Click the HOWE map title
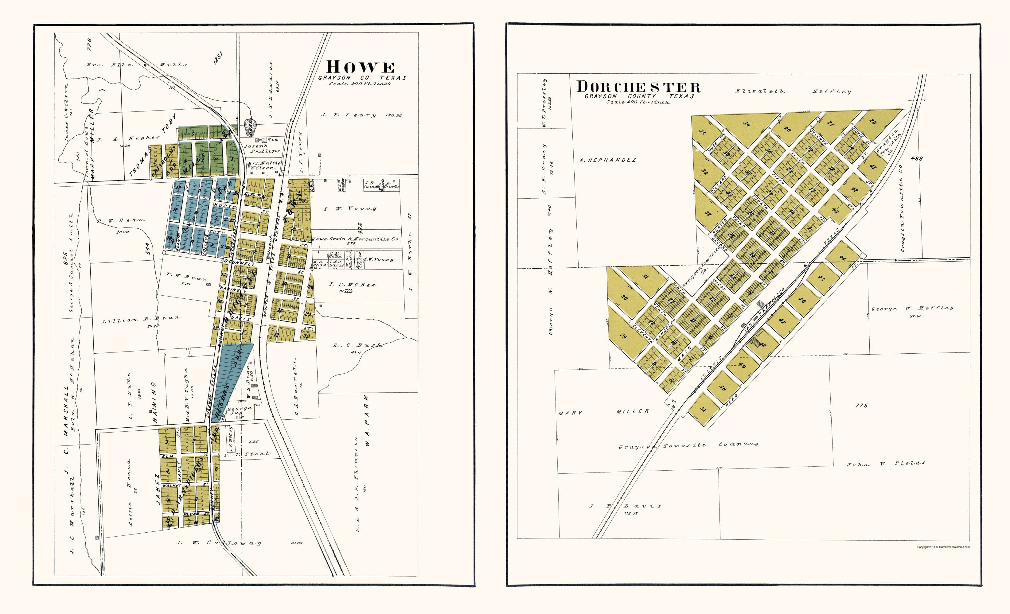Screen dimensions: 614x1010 pos(360,67)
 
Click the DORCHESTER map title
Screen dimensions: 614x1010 pos(639,87)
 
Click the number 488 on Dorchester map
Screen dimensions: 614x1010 pos(917,158)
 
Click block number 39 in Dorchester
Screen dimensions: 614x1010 pos(747,124)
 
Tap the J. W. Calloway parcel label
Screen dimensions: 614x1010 pos(219,543)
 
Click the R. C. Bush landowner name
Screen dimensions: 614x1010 pos(357,345)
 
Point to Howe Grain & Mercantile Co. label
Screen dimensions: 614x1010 pos(355,239)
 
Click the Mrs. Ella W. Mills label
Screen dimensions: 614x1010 pos(136,65)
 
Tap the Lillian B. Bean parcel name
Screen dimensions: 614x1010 pos(141,319)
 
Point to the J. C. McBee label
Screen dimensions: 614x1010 pos(352,285)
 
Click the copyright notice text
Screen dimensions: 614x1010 pos(943,547)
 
